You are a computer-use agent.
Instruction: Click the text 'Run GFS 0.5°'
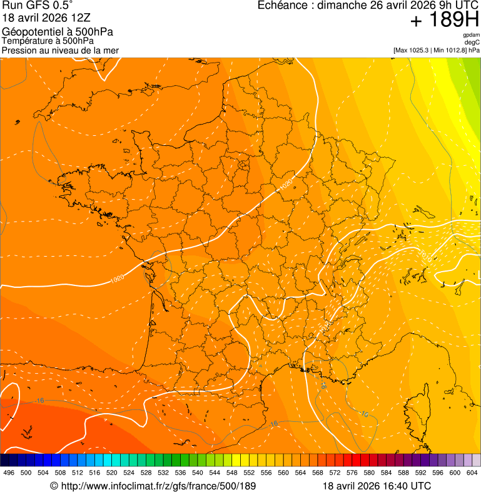click(38, 6)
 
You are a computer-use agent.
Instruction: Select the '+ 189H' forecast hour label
click(444, 20)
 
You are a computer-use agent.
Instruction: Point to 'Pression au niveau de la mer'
click(60, 50)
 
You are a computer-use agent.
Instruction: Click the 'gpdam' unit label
click(471, 35)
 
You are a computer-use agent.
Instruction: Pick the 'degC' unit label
click(472, 43)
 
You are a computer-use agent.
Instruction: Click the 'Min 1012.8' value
click(450, 50)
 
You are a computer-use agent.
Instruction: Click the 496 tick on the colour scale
click(9, 473)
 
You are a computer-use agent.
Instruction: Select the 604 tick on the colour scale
click(472, 473)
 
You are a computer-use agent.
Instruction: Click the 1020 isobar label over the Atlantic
click(117, 280)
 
